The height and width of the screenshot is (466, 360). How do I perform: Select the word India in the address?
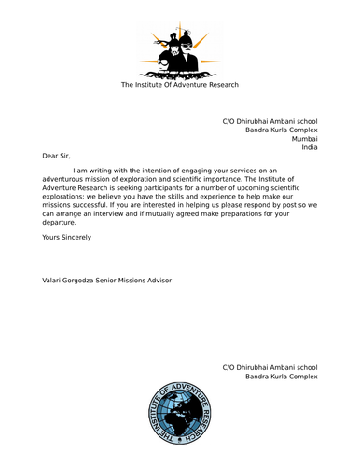point(309,147)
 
